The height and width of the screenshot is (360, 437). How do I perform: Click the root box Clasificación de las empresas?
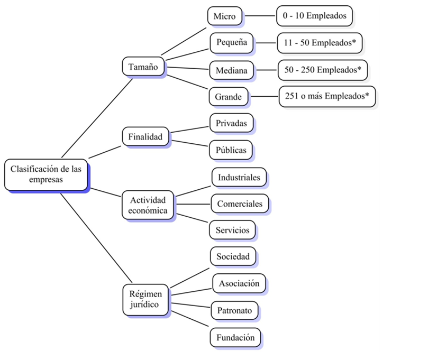[x=46, y=174]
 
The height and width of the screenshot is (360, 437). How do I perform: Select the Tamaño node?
[x=143, y=66]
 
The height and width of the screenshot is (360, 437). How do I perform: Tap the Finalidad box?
[x=145, y=136]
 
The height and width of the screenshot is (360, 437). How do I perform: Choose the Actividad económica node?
[x=148, y=205]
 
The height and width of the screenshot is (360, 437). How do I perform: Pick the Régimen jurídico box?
[x=145, y=300]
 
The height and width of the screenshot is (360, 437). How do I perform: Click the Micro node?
[x=225, y=16]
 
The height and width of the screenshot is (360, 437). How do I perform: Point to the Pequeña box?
[x=232, y=42]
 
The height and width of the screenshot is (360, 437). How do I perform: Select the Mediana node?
[x=231, y=70]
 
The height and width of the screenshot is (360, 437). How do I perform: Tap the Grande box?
[x=229, y=97]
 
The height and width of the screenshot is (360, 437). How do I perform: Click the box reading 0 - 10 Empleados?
[x=314, y=16]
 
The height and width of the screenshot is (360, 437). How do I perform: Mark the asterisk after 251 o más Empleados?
[x=367, y=95]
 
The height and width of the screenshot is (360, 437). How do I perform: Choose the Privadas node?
[x=231, y=123]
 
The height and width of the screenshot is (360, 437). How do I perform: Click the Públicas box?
[x=231, y=150]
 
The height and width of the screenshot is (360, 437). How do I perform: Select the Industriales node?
[x=239, y=177]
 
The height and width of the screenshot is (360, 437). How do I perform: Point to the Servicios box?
[x=232, y=230]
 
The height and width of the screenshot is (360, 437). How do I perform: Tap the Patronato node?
[x=234, y=310]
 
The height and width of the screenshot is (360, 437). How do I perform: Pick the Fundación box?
[x=235, y=337]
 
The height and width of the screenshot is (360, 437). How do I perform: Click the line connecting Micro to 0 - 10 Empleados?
[x=259, y=16]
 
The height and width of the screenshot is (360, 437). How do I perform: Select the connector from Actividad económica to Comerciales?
[x=193, y=204]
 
